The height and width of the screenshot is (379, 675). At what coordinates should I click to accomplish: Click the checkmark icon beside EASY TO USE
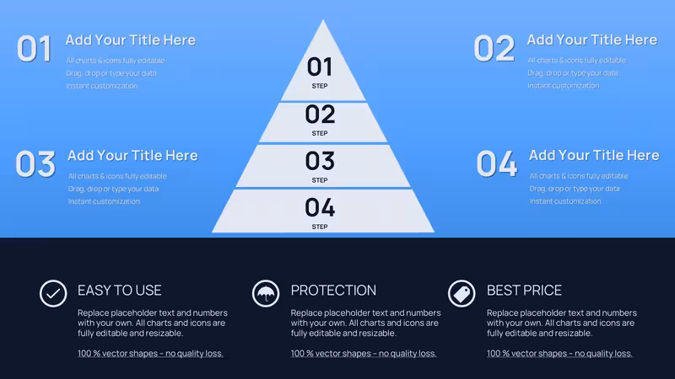(53, 293)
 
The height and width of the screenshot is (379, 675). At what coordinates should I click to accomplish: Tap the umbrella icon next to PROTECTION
(266, 293)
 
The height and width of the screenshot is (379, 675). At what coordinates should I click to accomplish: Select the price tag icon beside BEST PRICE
(462, 293)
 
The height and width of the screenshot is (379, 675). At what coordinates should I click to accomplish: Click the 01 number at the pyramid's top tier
(320, 67)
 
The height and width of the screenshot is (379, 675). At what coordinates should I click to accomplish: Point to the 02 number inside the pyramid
(320, 115)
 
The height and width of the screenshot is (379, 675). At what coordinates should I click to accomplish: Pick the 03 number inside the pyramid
(320, 161)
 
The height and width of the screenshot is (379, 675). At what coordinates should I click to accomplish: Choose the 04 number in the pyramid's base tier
(320, 207)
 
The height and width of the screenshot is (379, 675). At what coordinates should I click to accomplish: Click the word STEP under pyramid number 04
(320, 227)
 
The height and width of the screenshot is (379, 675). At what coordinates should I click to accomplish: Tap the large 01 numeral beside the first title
(34, 49)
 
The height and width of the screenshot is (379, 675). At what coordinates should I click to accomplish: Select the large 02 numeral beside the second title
(494, 48)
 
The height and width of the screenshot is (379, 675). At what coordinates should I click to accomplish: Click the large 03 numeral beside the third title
(35, 163)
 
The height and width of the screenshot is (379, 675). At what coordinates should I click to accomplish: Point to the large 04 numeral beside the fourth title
(497, 163)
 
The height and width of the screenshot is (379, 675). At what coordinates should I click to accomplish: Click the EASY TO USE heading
(120, 291)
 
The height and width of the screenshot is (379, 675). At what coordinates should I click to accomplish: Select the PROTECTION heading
(333, 291)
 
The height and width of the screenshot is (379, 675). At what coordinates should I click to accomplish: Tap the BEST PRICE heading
(524, 291)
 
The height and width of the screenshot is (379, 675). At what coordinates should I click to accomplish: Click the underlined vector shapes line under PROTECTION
(364, 354)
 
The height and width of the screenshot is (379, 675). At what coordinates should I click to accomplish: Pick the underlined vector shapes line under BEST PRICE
(559, 354)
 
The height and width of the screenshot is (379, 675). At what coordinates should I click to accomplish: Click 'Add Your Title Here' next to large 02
(592, 40)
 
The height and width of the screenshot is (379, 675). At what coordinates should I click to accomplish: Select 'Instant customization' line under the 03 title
(104, 201)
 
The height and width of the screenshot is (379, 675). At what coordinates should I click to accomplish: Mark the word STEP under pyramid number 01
(320, 86)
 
